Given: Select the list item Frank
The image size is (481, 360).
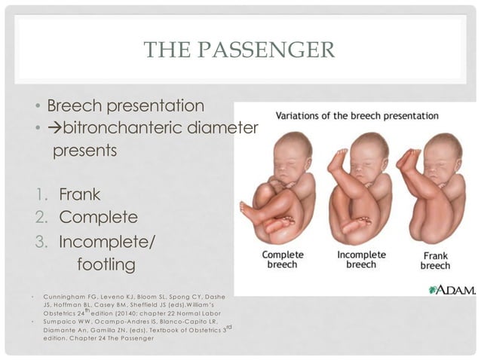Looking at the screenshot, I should (80, 195).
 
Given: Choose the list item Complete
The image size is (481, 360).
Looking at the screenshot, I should (98, 218).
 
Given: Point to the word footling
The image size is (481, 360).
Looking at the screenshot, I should (106, 264).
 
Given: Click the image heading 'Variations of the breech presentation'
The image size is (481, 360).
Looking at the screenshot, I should (358, 116).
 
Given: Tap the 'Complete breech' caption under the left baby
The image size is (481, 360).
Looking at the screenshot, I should (283, 260).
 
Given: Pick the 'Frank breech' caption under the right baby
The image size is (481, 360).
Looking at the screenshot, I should (435, 261).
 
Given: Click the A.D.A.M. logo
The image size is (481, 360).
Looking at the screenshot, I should (452, 288).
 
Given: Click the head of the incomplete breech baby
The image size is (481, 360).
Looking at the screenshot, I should (369, 151).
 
